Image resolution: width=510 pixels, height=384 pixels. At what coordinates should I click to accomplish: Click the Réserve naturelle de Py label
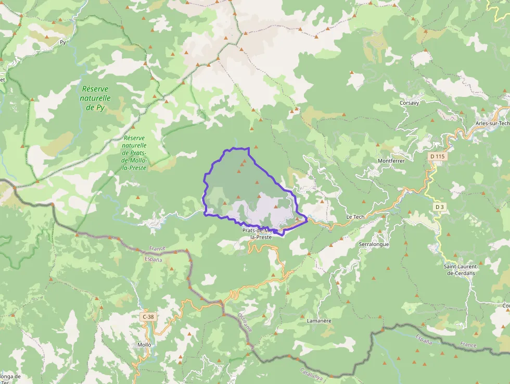coord(96,98)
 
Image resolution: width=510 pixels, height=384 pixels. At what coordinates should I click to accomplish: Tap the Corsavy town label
coord(410,103)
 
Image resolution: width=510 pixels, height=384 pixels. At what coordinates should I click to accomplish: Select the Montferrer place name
coord(391,161)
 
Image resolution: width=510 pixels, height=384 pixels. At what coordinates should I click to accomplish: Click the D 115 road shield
coord(438,156)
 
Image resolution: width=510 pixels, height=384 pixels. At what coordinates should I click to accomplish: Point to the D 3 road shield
coord(440,207)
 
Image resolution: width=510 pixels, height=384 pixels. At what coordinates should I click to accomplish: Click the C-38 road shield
coord(148,316)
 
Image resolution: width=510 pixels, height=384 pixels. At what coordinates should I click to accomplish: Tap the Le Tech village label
coord(355,217)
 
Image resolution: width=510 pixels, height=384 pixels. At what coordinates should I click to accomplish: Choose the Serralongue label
coord(374,244)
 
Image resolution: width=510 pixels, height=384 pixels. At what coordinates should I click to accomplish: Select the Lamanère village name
coord(319,320)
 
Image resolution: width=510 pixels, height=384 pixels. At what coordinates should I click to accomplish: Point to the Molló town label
coord(144,345)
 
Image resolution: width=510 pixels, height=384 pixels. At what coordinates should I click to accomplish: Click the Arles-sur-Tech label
coord(492,123)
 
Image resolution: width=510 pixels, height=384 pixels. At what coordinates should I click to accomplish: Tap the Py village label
coord(63,42)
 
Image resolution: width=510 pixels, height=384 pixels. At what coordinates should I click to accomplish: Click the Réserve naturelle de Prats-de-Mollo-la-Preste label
coord(134,153)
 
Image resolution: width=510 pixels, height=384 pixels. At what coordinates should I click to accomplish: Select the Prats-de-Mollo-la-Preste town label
coord(261,233)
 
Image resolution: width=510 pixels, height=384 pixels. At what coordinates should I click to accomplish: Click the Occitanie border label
coord(245,323)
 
